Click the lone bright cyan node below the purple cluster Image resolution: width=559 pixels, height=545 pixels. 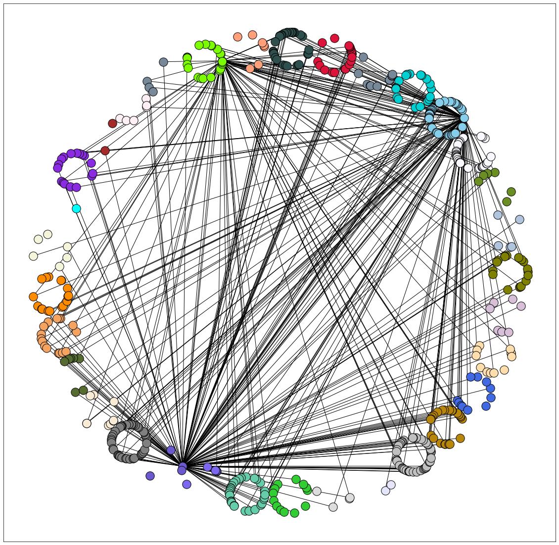click(76, 208)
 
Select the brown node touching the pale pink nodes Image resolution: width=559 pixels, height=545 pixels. click(112, 123)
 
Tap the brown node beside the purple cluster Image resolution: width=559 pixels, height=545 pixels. click(105, 150)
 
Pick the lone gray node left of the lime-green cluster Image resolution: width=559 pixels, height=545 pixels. click(164, 62)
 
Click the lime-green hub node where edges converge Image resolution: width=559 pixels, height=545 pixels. click(222, 62)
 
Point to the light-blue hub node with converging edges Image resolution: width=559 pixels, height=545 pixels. click(464, 118)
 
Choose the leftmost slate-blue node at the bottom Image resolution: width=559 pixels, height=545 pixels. click(150, 476)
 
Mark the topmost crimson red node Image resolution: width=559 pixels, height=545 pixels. click(334, 38)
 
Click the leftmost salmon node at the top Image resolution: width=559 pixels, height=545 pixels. click(237, 37)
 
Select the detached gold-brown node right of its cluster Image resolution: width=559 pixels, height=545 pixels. click(460, 438)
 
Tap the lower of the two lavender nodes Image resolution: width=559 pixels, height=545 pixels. click(386, 491)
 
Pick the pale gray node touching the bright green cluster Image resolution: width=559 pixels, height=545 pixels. click(317, 491)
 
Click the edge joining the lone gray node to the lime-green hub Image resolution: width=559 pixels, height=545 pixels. click(193, 62)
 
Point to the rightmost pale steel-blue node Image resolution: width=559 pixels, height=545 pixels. click(519, 219)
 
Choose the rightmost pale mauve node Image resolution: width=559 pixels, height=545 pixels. click(521, 306)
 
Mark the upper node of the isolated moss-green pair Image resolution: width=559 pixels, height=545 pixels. click(511, 192)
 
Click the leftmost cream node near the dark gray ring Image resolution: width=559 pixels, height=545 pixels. click(87, 423)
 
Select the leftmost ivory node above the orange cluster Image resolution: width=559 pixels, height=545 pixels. click(33, 256)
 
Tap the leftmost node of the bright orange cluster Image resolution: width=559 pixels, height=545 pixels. click(33, 297)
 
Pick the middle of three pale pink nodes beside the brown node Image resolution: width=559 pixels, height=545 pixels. click(126, 120)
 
